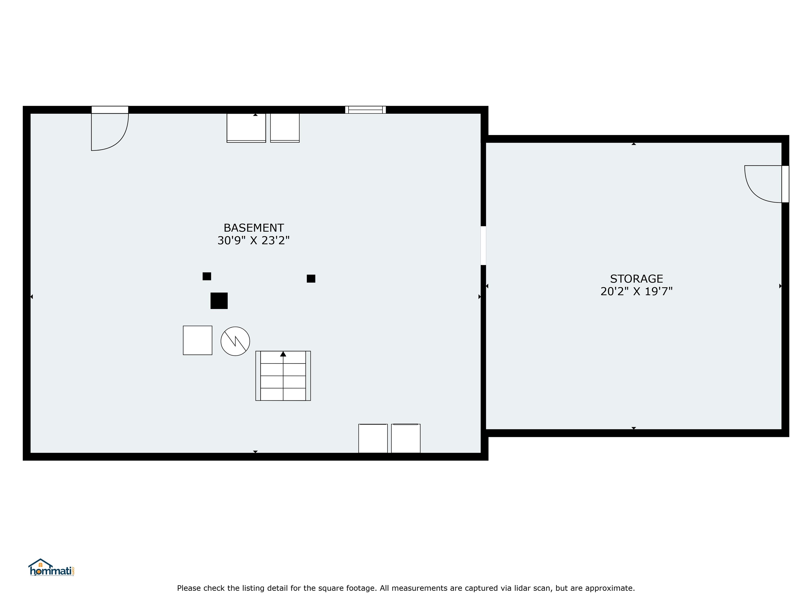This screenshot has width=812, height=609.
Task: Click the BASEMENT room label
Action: [254, 228]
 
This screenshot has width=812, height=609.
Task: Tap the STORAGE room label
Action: [636, 279]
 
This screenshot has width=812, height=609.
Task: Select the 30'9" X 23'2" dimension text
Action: [254, 241]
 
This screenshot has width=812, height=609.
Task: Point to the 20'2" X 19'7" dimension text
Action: [636, 292]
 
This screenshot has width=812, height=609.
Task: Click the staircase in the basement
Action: [283, 376]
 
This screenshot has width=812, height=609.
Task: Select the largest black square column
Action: [219, 301]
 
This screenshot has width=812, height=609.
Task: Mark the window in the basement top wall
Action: [366, 110]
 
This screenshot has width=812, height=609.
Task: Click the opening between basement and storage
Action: [483, 246]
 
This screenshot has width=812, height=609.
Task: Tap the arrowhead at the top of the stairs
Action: [283, 354]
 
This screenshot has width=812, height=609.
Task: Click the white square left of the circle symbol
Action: [197, 340]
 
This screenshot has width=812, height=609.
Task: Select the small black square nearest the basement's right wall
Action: [311, 279]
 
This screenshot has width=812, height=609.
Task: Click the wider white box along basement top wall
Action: [246, 128]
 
